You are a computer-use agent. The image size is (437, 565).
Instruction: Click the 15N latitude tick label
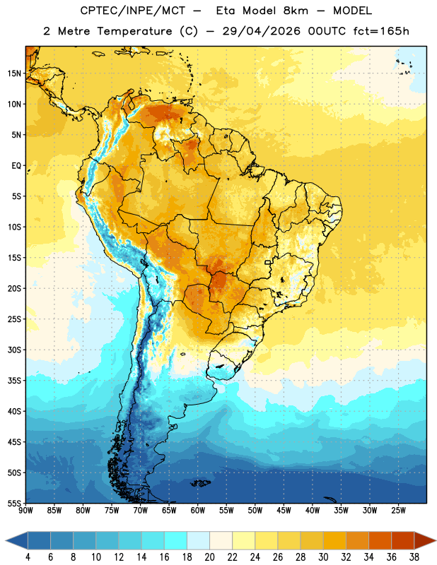14,73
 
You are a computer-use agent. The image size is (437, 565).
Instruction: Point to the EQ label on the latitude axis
16,166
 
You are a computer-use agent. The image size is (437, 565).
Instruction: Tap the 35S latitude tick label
14,381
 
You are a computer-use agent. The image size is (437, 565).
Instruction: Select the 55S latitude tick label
14,503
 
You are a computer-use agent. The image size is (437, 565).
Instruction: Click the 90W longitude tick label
26,511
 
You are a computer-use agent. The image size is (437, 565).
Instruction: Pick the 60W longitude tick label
198,511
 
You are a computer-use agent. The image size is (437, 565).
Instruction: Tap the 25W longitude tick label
398,511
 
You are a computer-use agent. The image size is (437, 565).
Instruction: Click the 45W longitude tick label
284,511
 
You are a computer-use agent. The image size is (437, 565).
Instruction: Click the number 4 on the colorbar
28,557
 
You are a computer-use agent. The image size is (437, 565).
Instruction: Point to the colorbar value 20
209,557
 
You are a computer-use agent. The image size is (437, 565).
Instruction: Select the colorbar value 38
414,557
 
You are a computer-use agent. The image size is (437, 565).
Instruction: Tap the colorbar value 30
323,557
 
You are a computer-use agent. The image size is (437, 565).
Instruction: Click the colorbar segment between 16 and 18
176,541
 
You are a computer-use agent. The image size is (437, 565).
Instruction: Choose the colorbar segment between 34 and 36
380,541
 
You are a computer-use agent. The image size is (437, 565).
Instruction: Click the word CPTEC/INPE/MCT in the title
133,11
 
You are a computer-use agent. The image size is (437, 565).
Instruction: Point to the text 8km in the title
296,11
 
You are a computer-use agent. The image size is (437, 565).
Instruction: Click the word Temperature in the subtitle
134,31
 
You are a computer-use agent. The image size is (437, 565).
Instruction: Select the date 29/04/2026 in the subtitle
261,31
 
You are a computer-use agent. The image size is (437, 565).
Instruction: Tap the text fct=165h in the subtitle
381,31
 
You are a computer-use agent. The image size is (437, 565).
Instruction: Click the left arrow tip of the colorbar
6,541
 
